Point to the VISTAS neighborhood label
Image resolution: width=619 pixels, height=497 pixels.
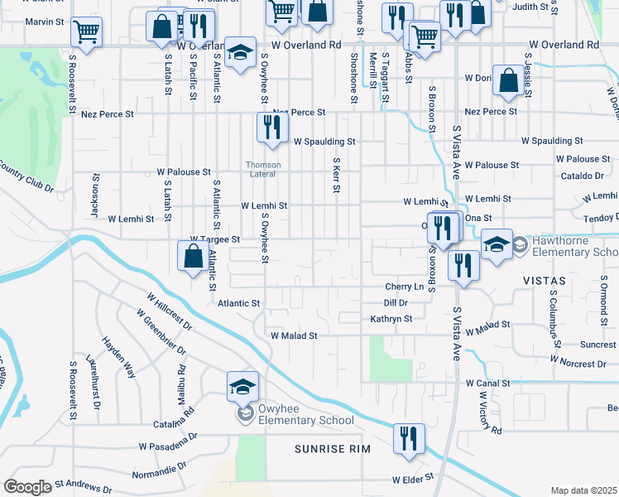coord(545,281)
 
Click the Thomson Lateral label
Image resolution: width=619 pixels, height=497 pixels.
coord(263,169)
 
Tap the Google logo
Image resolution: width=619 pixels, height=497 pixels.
coord(27,487)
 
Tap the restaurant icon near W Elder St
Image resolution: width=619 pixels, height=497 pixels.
coord(408,439)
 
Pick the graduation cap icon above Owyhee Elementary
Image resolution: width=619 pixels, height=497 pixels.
coord(242,386)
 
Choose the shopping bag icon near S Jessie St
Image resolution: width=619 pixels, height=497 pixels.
coord(507,80)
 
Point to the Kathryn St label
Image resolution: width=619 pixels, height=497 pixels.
coord(391,318)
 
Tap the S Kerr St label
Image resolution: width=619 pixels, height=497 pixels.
coord(336,176)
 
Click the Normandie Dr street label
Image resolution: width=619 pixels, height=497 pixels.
coord(159,473)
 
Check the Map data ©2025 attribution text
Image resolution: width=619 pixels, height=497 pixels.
coord(583,490)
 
